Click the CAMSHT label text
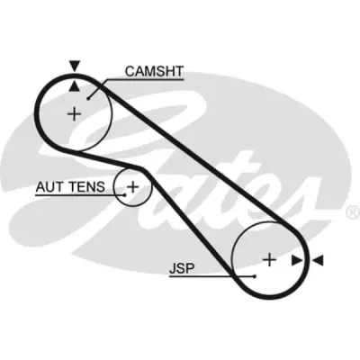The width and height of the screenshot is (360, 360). coord(154,71)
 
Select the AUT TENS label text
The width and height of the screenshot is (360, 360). coord(70,187)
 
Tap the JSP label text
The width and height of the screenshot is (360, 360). coord(182,268)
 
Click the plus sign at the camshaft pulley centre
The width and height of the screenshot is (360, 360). coord(74,114)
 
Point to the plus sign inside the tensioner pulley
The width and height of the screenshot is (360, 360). coord(132,187)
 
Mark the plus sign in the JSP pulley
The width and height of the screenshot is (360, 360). coord(269,259)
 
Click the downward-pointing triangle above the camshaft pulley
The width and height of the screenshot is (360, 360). coord(75,66)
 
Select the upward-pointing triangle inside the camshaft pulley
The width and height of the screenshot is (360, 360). coord(75,86)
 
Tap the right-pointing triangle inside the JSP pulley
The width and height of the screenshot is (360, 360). coord(297,260)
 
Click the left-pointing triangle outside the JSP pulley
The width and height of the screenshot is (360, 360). coord(318,260)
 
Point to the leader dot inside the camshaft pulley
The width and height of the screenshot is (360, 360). coord(88,98)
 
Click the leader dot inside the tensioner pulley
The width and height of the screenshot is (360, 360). coord(125,194)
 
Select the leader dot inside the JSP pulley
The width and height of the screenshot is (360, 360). coord(255,276)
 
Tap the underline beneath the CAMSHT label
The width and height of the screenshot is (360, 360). coord(144,80)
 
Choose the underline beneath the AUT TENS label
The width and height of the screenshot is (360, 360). coord(80,195)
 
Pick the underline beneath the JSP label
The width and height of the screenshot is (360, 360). coord(211,276)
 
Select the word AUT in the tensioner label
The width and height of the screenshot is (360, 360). coord(47,187)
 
